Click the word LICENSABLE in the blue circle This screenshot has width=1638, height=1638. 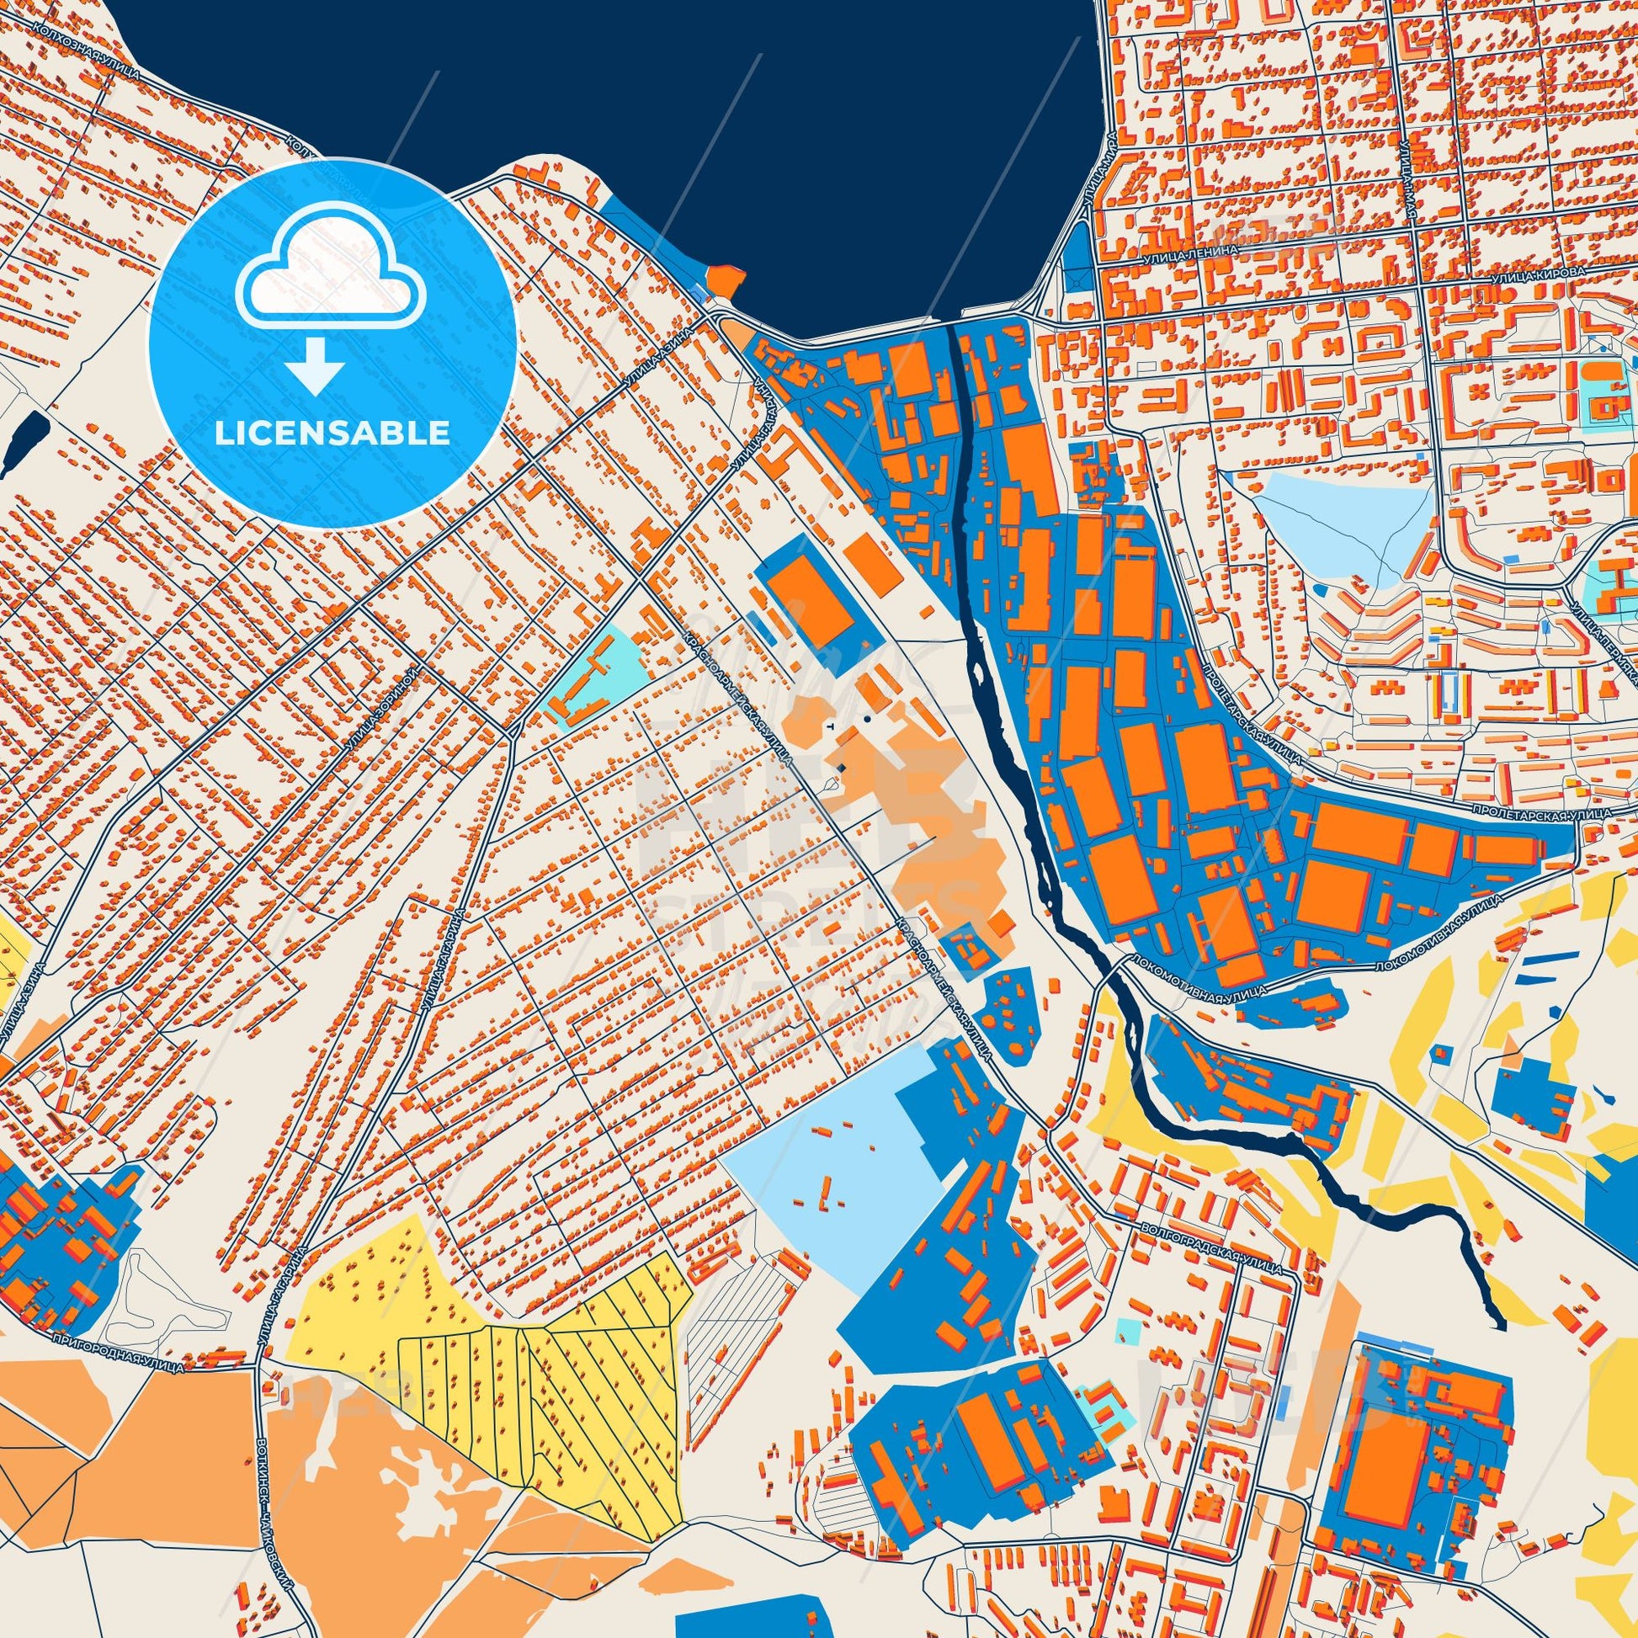coord(332,433)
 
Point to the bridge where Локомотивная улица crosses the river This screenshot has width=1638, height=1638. coord(1107,972)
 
